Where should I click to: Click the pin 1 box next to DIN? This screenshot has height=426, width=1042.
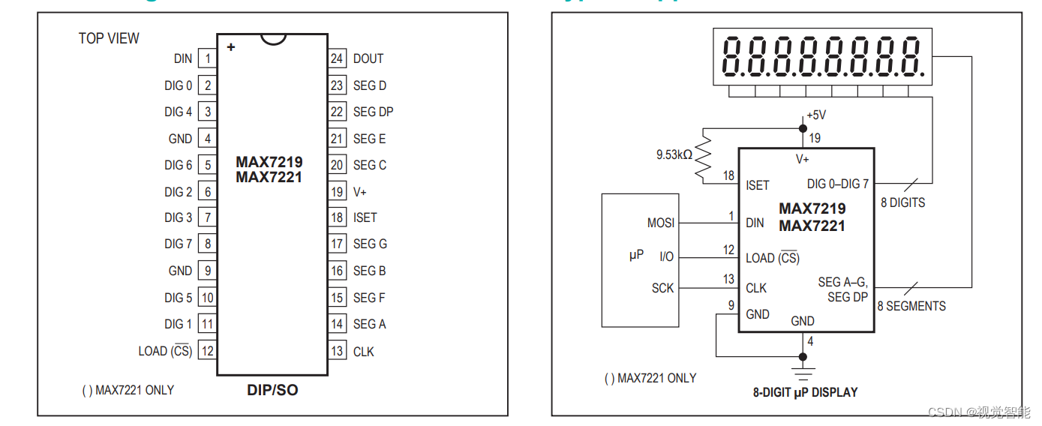pyautogui.click(x=207, y=58)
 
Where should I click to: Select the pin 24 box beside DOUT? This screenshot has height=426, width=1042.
pyautogui.click(x=337, y=58)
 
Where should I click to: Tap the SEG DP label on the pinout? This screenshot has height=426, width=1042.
pyautogui.click(x=373, y=112)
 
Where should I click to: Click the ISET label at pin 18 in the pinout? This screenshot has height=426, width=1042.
pyautogui.click(x=365, y=217)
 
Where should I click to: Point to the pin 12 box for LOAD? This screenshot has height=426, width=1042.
pyautogui.click(x=207, y=351)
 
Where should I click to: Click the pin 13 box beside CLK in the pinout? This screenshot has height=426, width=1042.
pyautogui.click(x=337, y=351)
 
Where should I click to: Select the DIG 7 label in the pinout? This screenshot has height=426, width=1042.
pyautogui.click(x=179, y=244)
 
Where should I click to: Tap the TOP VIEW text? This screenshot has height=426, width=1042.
pyautogui.click(x=109, y=38)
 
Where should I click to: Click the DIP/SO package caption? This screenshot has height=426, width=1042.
pyautogui.click(x=272, y=390)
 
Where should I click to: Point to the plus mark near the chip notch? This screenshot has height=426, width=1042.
pyautogui.click(x=231, y=47)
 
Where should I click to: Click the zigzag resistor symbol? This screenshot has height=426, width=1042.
pyautogui.click(x=704, y=155)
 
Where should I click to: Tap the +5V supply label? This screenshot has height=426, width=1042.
pyautogui.click(x=816, y=115)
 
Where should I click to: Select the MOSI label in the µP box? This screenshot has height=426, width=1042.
pyautogui.click(x=661, y=223)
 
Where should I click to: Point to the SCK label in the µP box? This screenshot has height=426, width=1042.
pyautogui.click(x=662, y=288)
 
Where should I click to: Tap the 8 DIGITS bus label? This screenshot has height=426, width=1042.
pyautogui.click(x=902, y=202)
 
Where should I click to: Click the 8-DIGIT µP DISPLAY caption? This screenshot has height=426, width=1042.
pyautogui.click(x=805, y=391)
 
